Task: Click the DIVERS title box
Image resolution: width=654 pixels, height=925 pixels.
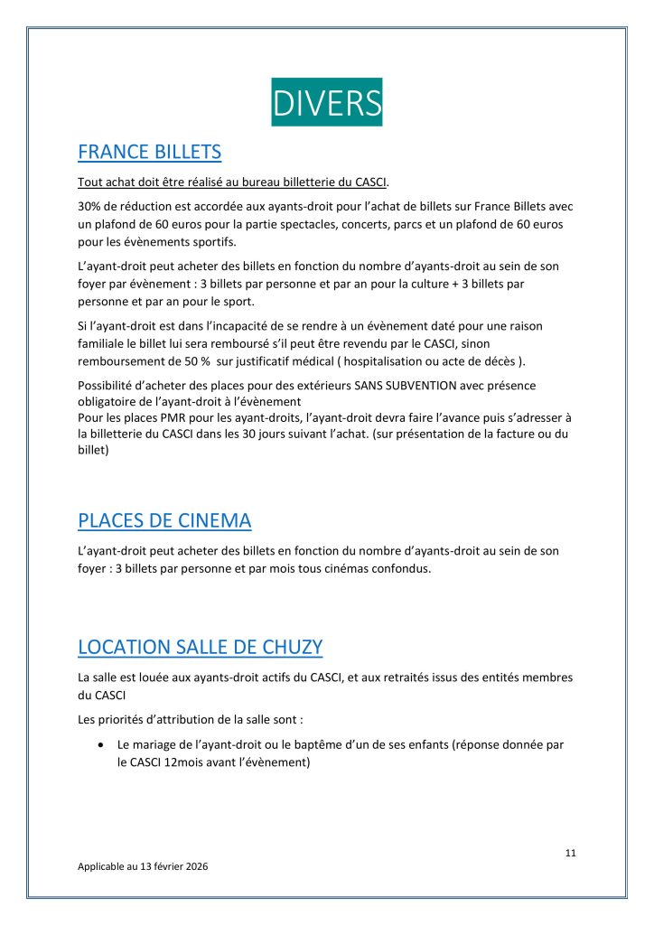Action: click(327, 103)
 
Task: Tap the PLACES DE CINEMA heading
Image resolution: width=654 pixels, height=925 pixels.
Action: click(164, 520)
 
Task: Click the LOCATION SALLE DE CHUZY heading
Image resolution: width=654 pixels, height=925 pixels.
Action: click(201, 647)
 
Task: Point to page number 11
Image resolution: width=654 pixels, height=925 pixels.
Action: click(570, 853)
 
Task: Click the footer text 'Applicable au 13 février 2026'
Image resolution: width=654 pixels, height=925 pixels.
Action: click(143, 865)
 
